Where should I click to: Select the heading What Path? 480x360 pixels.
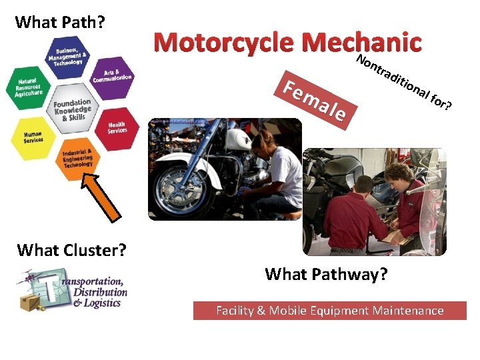tap(60, 22)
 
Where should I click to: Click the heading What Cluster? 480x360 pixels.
tap(71, 250)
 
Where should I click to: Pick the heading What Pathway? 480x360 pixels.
tap(326, 274)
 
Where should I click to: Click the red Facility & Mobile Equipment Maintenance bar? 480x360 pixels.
tap(329, 311)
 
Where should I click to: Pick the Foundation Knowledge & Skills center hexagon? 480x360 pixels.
tap(72, 109)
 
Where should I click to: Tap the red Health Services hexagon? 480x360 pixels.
tap(117, 127)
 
